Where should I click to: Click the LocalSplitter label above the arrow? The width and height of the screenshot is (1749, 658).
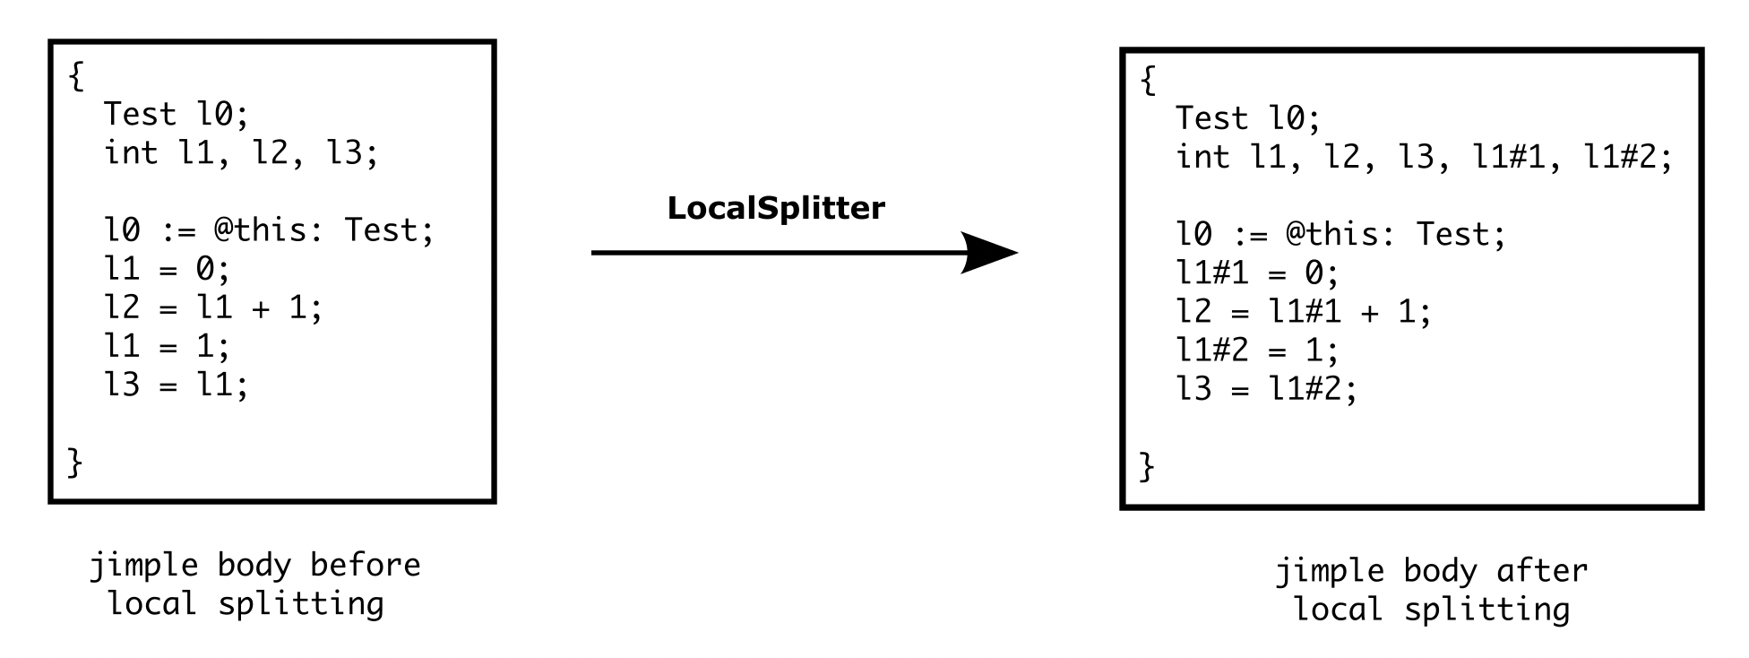click(x=775, y=208)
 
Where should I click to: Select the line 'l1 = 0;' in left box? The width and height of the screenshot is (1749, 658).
click(x=167, y=269)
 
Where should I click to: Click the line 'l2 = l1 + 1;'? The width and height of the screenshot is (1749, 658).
click(x=213, y=307)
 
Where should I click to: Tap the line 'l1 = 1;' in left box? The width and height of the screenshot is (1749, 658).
click(x=167, y=346)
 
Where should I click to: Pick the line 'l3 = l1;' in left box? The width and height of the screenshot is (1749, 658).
click(x=176, y=385)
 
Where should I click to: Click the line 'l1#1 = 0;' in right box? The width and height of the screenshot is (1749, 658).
click(x=1257, y=273)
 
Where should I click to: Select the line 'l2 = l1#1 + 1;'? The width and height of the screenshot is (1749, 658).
click(x=1304, y=311)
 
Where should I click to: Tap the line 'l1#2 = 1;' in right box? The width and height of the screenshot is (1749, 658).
click(x=1257, y=350)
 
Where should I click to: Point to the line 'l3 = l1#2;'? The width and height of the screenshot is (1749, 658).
click(x=1266, y=388)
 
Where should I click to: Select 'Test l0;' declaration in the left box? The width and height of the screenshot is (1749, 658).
click(x=176, y=114)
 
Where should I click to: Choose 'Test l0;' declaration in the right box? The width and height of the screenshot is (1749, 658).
click(x=1247, y=117)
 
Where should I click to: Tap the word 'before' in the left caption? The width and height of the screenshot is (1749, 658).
click(x=365, y=566)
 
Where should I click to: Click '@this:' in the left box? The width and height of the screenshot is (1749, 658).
click(x=269, y=230)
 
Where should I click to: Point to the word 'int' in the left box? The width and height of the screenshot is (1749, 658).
click(x=131, y=152)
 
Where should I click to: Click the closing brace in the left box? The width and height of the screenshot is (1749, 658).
click(x=75, y=463)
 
